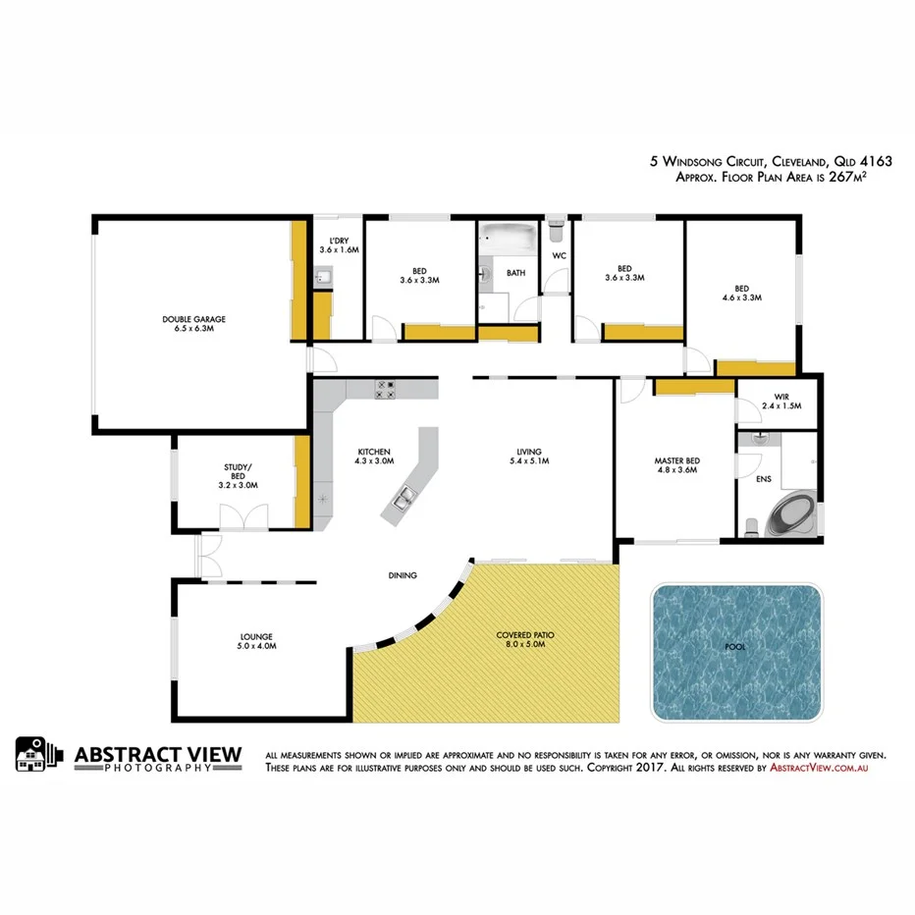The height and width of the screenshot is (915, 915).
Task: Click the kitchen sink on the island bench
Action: [404, 502]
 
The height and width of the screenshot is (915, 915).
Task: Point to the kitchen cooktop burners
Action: [384, 390]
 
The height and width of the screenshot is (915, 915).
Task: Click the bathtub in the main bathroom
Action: [508, 238]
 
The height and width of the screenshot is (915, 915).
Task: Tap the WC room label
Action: [560, 255]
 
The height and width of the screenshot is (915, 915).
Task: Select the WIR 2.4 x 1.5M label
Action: [782, 402]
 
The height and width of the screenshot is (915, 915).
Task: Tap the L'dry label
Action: [339, 245]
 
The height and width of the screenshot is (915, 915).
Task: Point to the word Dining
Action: [403, 575]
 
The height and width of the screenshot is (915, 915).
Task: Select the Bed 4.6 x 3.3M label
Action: [741, 292]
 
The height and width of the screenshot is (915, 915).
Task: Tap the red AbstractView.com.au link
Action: [819, 769]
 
